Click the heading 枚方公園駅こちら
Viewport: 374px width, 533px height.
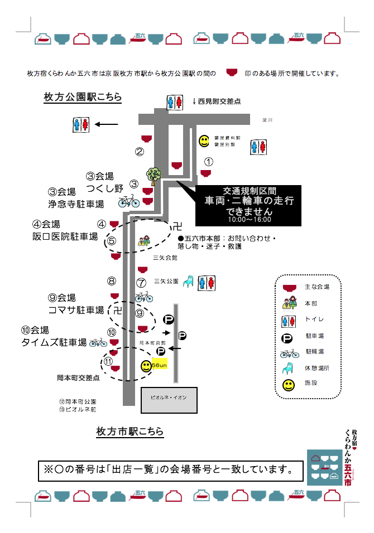[83, 97]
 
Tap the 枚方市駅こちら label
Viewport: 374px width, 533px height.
[130, 431]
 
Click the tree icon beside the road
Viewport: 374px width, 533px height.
[154, 175]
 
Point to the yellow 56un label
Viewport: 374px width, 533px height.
[159, 365]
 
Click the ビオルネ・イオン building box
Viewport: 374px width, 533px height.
[172, 400]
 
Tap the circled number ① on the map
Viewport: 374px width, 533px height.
[208, 162]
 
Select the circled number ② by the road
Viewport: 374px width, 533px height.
[139, 151]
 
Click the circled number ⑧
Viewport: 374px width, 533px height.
[112, 282]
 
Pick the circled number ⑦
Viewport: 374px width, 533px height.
[141, 283]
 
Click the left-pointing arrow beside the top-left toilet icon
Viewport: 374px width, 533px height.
[106, 124]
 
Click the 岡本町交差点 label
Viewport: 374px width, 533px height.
[78, 378]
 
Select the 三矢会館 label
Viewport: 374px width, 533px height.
[165, 258]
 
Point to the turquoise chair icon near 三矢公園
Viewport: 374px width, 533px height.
[189, 282]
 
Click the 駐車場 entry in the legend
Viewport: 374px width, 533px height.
[314, 336]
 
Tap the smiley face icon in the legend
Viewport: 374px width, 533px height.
[289, 385]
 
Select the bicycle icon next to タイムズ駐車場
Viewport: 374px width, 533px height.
[98, 342]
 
